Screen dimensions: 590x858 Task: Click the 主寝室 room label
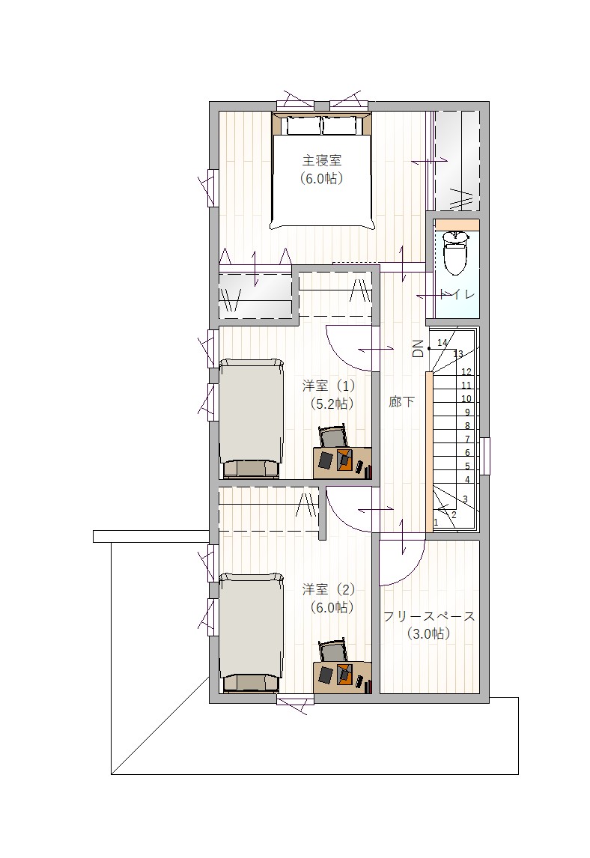(x=322, y=160)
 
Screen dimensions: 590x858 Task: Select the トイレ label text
(x=457, y=294)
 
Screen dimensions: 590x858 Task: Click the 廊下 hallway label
(x=402, y=402)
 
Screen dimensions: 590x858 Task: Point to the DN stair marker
(x=418, y=348)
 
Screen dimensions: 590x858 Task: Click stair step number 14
(x=442, y=343)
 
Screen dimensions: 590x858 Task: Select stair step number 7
(x=467, y=439)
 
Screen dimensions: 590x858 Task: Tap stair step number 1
(x=436, y=523)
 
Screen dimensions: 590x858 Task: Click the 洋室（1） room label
(x=329, y=386)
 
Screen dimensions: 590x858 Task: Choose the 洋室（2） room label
(x=329, y=589)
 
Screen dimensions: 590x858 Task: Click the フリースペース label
(x=429, y=617)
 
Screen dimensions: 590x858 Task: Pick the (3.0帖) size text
(x=429, y=634)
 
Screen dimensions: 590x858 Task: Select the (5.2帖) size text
(x=332, y=404)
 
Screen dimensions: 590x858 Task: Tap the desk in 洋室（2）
(x=343, y=678)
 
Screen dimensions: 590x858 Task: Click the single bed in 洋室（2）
(x=252, y=633)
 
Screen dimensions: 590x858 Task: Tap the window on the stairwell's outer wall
(x=486, y=456)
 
